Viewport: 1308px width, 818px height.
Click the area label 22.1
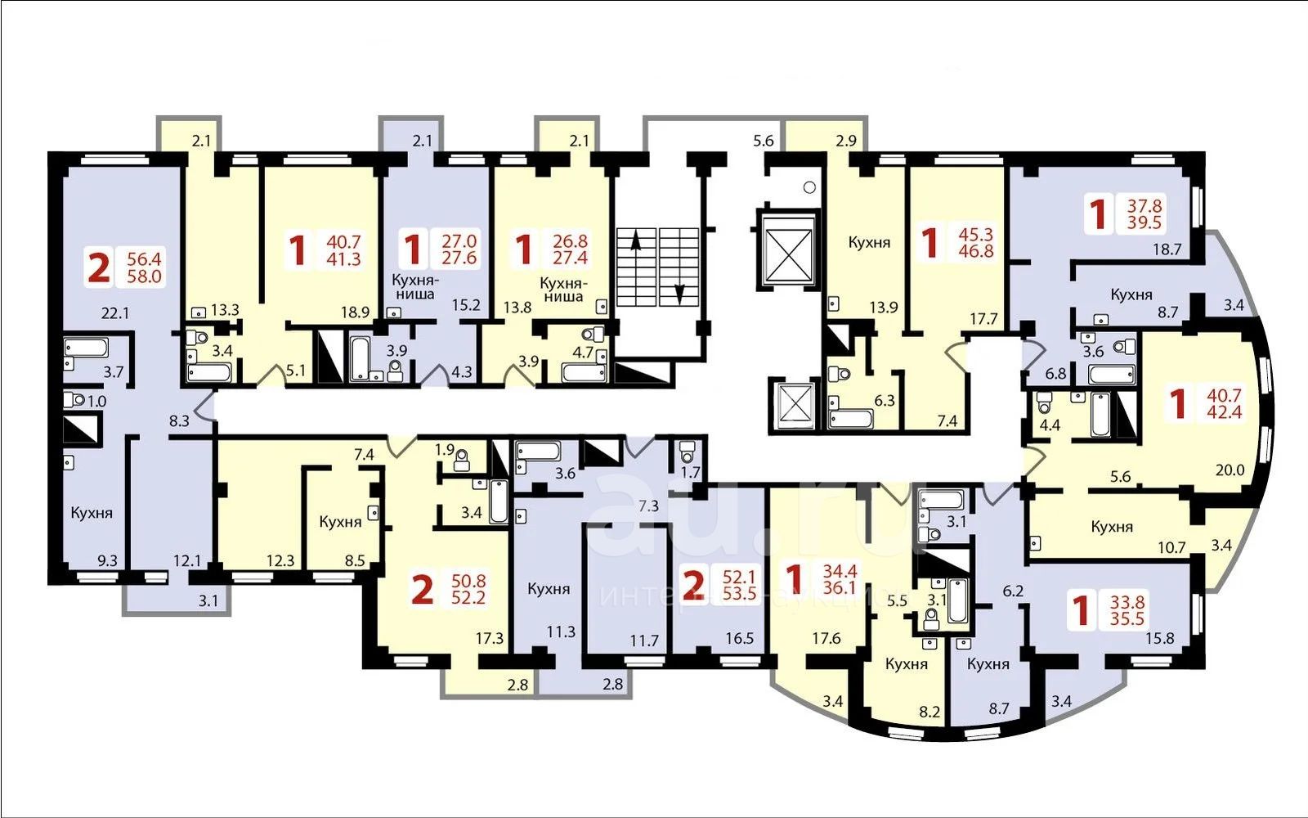(x=115, y=313)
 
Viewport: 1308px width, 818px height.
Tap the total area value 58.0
(x=144, y=276)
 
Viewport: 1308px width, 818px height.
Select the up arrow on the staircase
(x=636, y=240)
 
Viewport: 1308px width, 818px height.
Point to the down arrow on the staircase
(x=679, y=294)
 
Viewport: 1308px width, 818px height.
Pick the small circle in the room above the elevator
(x=809, y=187)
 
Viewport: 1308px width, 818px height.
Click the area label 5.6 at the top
(x=764, y=141)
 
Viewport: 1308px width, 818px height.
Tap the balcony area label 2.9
(x=846, y=141)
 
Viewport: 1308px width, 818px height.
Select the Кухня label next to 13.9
(x=869, y=242)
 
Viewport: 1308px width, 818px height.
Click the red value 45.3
(x=976, y=234)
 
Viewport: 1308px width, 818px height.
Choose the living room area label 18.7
(x=1167, y=249)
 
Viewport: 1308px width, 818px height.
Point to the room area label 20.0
(x=1230, y=470)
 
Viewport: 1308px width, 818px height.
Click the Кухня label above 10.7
(x=1112, y=527)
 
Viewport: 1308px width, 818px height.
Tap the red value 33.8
(x=1127, y=602)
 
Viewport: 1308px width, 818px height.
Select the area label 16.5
(x=740, y=639)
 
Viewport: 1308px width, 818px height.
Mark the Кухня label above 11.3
(x=549, y=588)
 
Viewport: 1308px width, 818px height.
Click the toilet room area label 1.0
(x=97, y=402)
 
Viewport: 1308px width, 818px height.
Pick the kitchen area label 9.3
(x=107, y=561)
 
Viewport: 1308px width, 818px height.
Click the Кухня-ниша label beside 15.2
(x=415, y=286)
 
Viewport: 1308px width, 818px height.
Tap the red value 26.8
(x=570, y=240)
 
